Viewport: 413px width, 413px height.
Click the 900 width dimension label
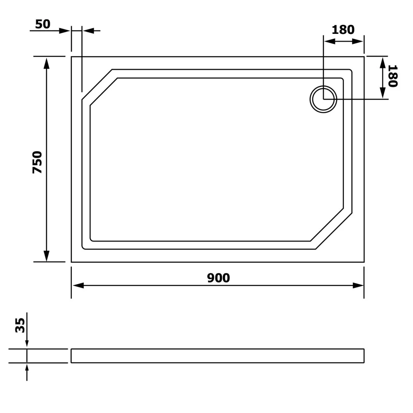(x=218, y=278)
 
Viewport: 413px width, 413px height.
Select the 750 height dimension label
(x=38, y=162)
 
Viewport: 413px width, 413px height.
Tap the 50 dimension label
(x=43, y=24)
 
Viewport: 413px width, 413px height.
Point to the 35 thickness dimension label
(x=20, y=325)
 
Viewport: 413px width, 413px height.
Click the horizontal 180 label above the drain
(x=343, y=30)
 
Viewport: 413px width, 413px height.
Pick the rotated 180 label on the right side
(x=393, y=76)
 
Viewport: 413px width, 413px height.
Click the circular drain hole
(x=323, y=99)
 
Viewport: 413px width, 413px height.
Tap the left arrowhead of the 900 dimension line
(x=78, y=285)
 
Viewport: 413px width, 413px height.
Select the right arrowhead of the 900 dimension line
(x=358, y=285)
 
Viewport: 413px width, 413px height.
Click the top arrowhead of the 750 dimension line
(x=47, y=63)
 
